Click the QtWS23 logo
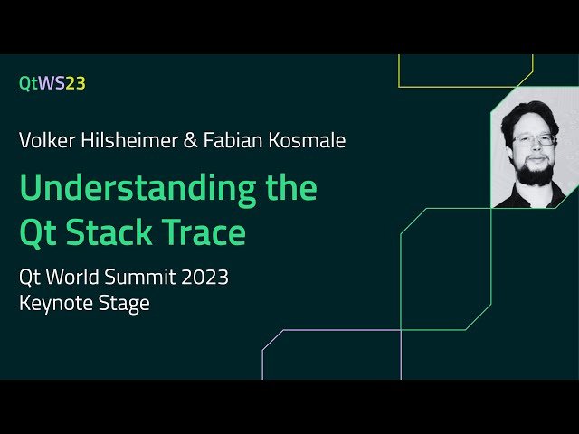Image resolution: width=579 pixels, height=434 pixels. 52,83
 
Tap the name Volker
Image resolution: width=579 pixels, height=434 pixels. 44,140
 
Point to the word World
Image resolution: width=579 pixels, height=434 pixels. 77,277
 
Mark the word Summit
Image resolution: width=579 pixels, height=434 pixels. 141,277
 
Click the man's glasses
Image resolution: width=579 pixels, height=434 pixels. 534,140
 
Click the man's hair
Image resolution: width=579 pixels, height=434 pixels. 535,113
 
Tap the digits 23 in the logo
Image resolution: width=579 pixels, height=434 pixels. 75,83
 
